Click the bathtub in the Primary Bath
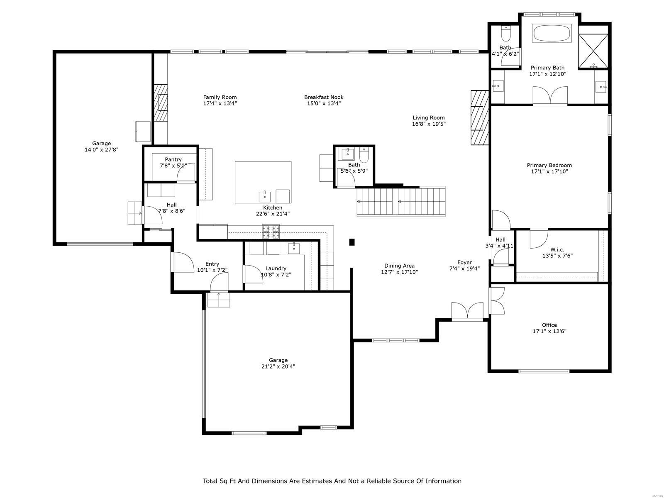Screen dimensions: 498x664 [552, 33]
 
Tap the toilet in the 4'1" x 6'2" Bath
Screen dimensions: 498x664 [506, 32]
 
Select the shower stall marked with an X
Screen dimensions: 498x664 [593, 50]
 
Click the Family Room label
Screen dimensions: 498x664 [220, 98]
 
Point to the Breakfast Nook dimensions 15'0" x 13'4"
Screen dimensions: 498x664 [324, 103]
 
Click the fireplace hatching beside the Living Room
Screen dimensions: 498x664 [479, 117]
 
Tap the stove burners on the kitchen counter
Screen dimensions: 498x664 [271, 232]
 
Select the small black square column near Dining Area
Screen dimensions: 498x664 [352, 242]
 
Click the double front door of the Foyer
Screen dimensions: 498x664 [467, 311]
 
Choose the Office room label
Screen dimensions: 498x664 [549, 325]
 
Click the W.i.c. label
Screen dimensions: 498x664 [557, 249]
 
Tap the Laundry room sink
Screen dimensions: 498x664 [294, 248]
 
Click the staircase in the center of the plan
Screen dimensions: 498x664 [401, 202]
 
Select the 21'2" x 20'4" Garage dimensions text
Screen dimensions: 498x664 [278, 366]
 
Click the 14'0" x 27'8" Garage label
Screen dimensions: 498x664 [102, 144]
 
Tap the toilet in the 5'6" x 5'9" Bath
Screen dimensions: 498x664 [364, 156]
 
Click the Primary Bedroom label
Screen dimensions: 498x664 [549, 165]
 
